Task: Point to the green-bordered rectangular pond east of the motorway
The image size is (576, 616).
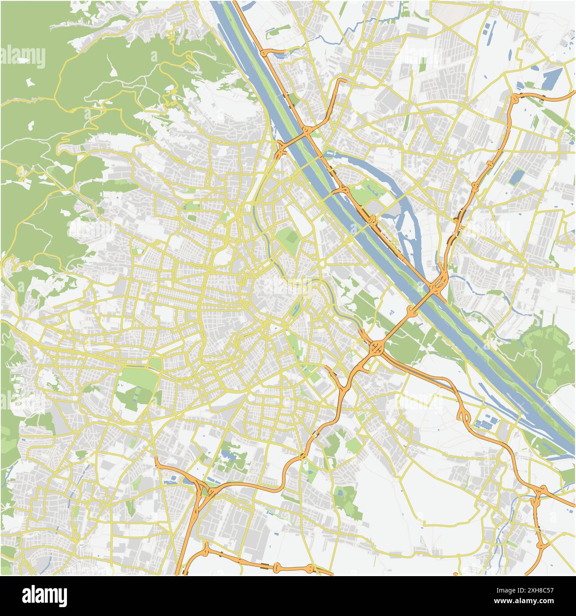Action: [515, 177]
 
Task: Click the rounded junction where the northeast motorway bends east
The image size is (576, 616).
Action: [514, 99]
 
